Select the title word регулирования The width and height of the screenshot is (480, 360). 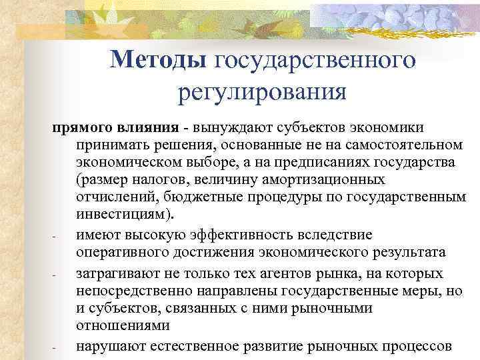click(x=263, y=90)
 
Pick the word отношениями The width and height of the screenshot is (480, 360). click(x=117, y=326)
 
